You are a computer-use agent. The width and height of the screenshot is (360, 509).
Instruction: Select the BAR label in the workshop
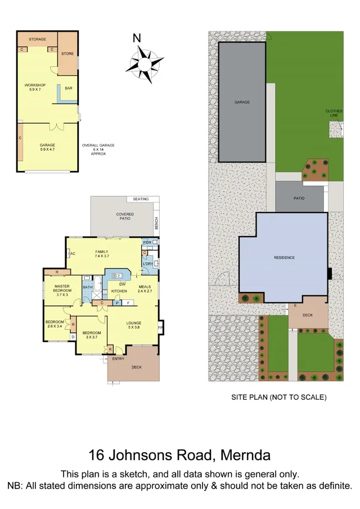[x=68, y=88]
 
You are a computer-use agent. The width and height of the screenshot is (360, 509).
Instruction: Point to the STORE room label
[x=67, y=54]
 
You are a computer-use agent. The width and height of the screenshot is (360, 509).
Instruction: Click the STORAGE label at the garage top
[x=37, y=39]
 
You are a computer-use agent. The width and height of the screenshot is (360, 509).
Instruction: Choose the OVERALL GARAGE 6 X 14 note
[x=98, y=149]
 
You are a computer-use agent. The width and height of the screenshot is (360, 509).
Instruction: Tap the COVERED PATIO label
[x=125, y=216]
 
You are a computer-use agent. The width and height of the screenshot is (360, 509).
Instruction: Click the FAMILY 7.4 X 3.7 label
[x=102, y=254]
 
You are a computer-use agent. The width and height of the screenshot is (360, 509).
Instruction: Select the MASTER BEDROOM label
[x=62, y=290]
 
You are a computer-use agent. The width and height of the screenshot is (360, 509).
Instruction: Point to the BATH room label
[x=88, y=287]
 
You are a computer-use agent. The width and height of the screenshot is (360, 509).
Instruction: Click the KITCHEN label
[x=119, y=291]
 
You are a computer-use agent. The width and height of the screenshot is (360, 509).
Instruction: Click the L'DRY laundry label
[x=148, y=264]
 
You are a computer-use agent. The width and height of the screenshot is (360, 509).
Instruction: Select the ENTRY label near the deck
[x=118, y=358]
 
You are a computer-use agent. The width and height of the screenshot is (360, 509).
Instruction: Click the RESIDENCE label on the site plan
[x=284, y=258]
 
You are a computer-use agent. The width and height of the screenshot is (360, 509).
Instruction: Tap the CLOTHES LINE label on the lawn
[x=334, y=113]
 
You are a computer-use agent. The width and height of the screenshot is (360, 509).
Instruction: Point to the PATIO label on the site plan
[x=299, y=198]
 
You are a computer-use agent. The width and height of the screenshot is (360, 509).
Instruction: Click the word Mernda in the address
[x=245, y=454]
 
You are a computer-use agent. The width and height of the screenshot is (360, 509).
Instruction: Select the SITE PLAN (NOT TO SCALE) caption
[x=279, y=397]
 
